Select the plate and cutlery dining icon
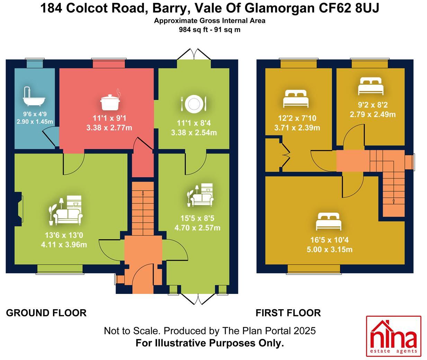(x=193, y=103)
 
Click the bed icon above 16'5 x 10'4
(x=329, y=222)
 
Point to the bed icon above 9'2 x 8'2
(x=371, y=86)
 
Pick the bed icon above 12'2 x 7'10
(x=296, y=99)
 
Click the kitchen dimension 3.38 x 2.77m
(x=109, y=128)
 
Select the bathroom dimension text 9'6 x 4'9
(x=35, y=114)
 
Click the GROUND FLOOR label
(x=46, y=313)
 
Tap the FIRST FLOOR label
(x=288, y=313)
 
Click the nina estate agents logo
(x=393, y=336)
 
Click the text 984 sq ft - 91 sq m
(x=210, y=30)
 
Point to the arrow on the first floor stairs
(x=394, y=201)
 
